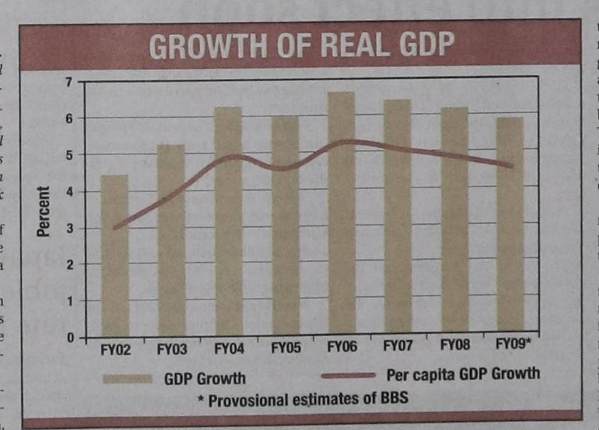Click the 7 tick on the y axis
67,82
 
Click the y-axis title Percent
44,211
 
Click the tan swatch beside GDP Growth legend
128,379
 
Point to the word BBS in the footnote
392,400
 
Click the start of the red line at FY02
115,228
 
